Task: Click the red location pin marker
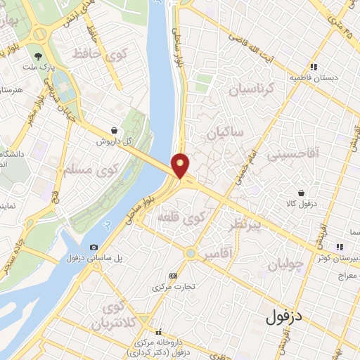click(x=181, y=165)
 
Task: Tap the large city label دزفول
click(x=285, y=317)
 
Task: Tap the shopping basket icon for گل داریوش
click(x=114, y=130)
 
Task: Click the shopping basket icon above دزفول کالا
click(x=302, y=193)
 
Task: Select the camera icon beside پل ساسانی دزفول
click(x=94, y=247)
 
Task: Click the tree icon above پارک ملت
click(x=38, y=56)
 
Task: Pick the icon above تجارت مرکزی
click(x=174, y=276)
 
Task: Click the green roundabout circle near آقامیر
click(x=190, y=252)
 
